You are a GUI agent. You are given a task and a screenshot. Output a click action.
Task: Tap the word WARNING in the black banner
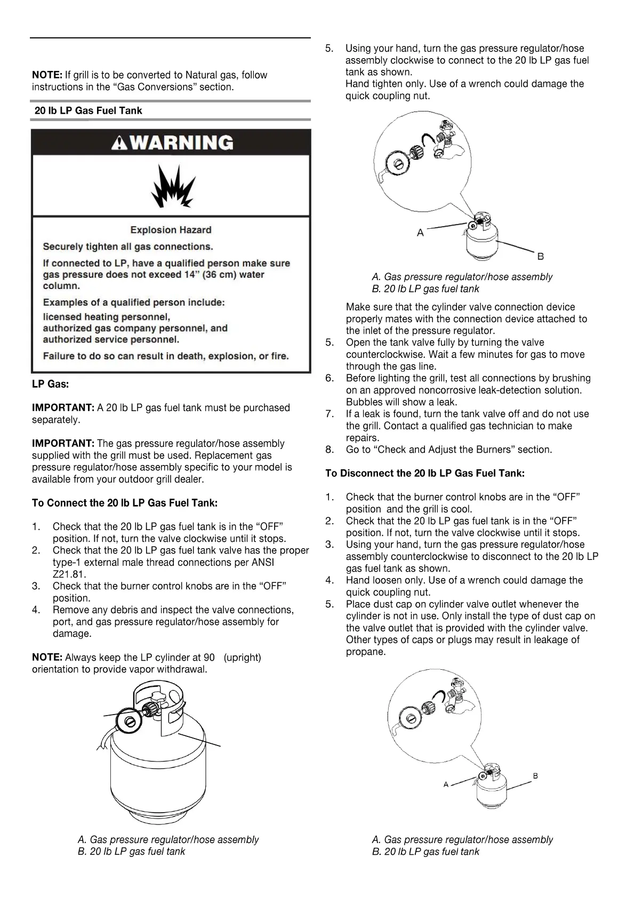[182, 142]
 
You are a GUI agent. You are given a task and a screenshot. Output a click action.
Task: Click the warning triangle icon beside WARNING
[119, 143]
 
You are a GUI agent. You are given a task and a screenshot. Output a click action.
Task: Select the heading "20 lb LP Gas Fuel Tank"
[88, 111]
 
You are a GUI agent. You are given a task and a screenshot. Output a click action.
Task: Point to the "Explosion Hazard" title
[171, 230]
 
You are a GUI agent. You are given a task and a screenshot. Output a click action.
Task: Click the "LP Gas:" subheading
[50, 384]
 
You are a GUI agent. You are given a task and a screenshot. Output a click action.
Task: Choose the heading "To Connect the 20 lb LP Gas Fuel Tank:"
[125, 503]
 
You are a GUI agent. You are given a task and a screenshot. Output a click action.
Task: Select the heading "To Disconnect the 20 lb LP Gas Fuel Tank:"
[425, 473]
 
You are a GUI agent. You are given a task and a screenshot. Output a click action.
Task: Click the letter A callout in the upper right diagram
[420, 232]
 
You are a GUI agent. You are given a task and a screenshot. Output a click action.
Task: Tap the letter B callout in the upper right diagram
[540, 256]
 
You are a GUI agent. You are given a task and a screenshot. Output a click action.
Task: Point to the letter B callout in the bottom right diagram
[535, 776]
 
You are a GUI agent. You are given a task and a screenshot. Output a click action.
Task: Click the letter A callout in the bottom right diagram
[446, 784]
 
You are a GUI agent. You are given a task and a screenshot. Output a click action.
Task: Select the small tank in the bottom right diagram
[492, 787]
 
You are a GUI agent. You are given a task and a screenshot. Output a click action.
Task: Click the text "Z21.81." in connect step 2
[69, 574]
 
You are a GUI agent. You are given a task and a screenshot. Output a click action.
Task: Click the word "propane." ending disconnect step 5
[365, 652]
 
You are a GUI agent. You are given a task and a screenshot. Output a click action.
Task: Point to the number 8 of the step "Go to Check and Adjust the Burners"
[329, 450]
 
